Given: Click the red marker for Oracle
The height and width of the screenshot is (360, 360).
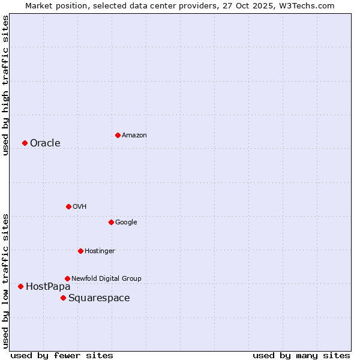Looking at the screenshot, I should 25,143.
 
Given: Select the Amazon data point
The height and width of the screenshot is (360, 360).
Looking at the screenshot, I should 118,135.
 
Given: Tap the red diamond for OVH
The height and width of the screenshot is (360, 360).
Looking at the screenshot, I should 68,206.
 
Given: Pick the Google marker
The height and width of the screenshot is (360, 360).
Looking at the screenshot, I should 111,222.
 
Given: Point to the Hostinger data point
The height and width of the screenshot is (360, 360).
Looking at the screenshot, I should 80,251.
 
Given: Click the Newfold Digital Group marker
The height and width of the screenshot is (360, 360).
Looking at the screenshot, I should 67,278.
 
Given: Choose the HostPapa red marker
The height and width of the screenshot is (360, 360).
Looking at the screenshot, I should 20,286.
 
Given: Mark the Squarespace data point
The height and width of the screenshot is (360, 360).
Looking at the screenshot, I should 63,298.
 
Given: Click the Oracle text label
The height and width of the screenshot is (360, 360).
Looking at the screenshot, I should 45,143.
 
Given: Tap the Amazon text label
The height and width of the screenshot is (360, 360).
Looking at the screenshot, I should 134,135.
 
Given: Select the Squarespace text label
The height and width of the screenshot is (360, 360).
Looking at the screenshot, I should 99,298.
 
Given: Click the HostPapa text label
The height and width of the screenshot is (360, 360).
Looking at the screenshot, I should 48,286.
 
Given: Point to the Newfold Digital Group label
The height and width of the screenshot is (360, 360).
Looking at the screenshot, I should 106,278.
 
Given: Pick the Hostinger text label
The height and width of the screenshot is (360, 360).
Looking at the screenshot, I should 100,251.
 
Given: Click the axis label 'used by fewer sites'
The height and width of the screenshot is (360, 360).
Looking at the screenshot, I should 62,355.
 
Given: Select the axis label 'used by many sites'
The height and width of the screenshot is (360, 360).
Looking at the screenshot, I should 301,355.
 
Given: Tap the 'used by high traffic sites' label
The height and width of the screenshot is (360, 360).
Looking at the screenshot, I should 5,85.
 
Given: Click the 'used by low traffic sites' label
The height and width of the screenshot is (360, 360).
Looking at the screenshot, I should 5,281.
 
